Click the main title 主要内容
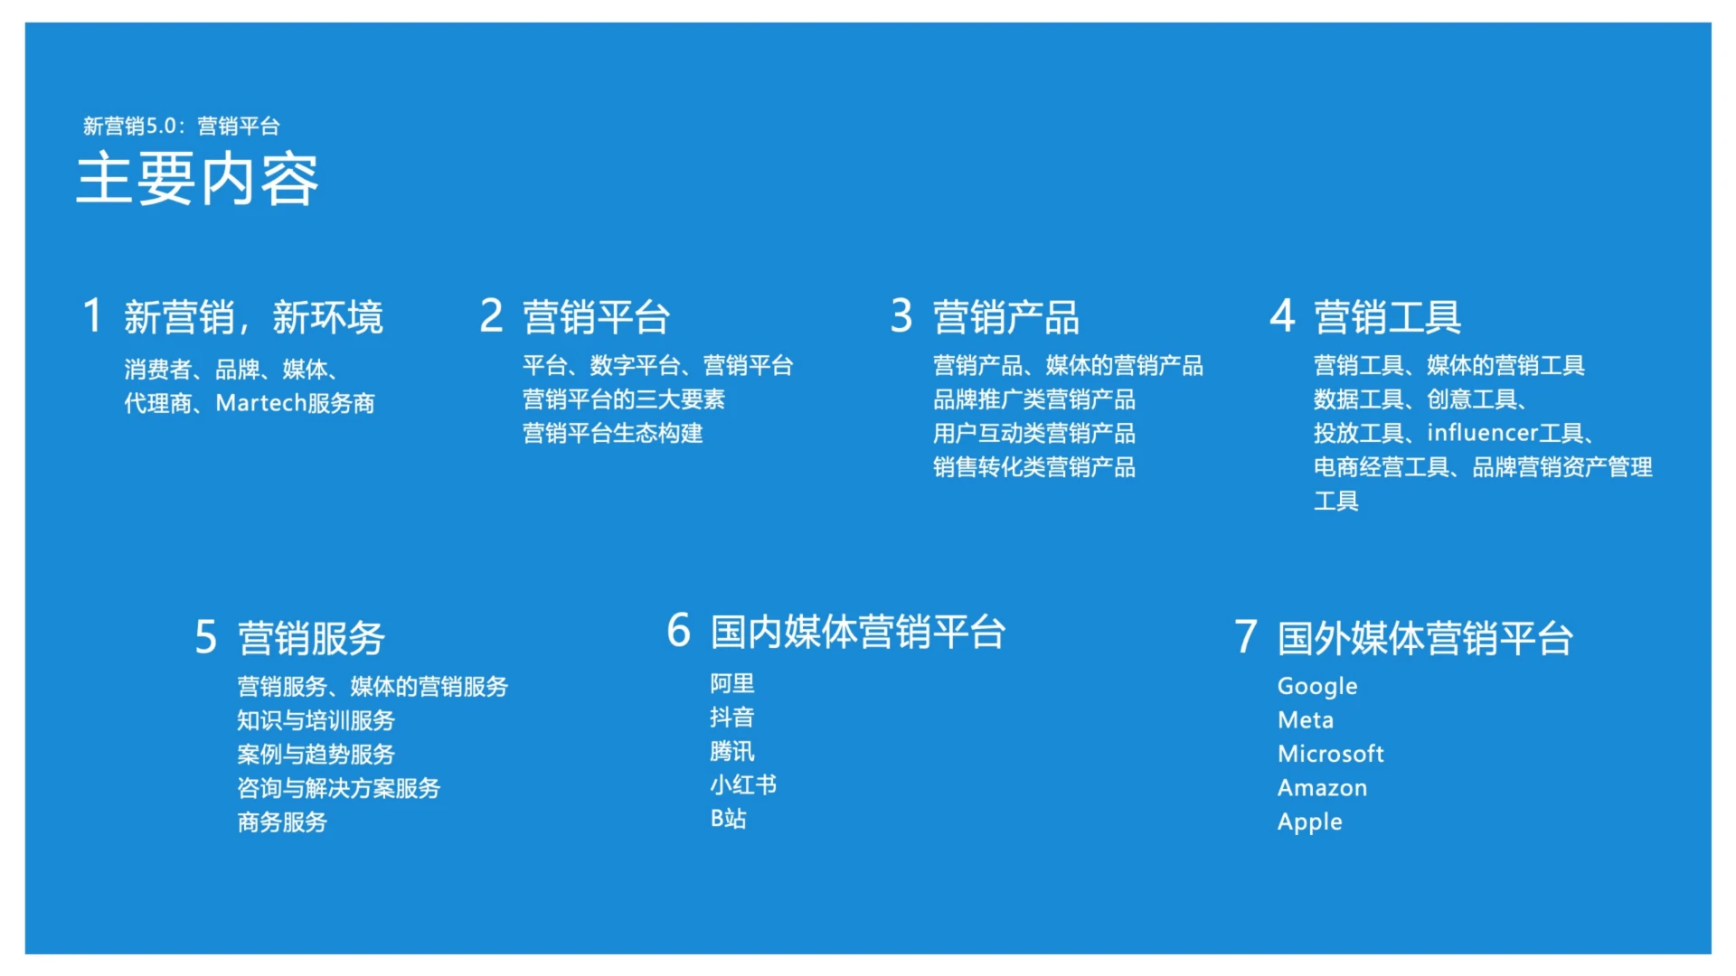click(197, 179)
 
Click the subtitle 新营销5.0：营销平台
click(181, 126)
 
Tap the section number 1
click(92, 316)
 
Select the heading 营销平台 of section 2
click(596, 317)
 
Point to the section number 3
click(901, 316)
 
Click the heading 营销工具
click(1387, 317)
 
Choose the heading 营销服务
click(311, 638)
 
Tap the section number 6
click(678, 631)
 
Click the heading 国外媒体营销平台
click(1425, 638)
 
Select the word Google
click(1316, 687)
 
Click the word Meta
click(1305, 720)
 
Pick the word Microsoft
click(1330, 754)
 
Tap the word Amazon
click(1322, 788)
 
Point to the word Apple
click(1309, 822)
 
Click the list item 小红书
click(742, 784)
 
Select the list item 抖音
click(731, 718)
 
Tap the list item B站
click(728, 819)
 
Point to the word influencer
click(1482, 433)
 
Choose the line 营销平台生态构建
click(612, 433)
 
